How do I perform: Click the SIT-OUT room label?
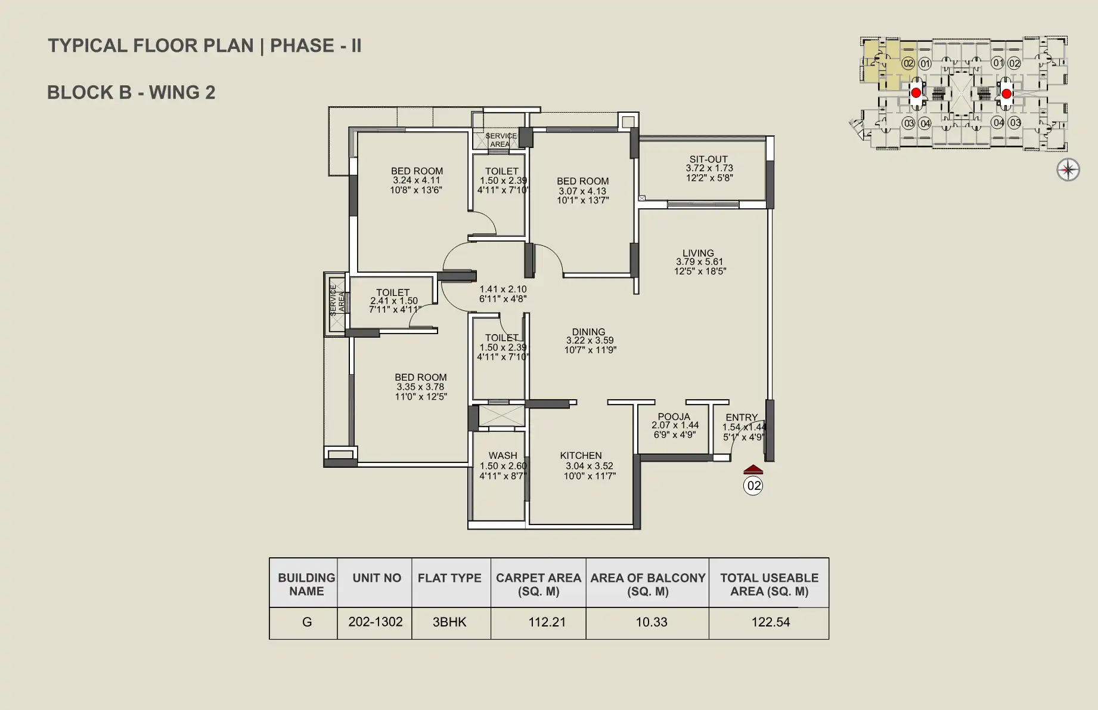(x=708, y=159)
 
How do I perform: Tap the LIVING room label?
(x=698, y=253)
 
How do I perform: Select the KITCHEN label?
(x=581, y=455)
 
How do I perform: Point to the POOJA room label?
(x=674, y=416)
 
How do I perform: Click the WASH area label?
(x=503, y=455)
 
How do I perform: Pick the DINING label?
(x=588, y=332)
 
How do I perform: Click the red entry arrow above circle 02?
(x=753, y=469)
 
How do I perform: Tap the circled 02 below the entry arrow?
(x=753, y=486)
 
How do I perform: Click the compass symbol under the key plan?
(x=1068, y=170)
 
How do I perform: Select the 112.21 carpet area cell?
(x=547, y=622)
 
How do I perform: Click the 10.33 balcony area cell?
(x=651, y=622)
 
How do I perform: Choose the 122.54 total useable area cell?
(x=770, y=622)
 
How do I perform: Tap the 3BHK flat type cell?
(x=449, y=622)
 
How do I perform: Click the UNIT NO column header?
(x=377, y=578)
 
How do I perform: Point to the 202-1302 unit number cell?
(x=376, y=622)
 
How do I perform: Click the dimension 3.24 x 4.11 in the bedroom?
(x=416, y=180)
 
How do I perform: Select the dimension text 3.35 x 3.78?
(x=420, y=387)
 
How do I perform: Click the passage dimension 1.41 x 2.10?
(x=503, y=289)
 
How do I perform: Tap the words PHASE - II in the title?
(x=316, y=46)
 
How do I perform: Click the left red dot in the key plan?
(x=916, y=93)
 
